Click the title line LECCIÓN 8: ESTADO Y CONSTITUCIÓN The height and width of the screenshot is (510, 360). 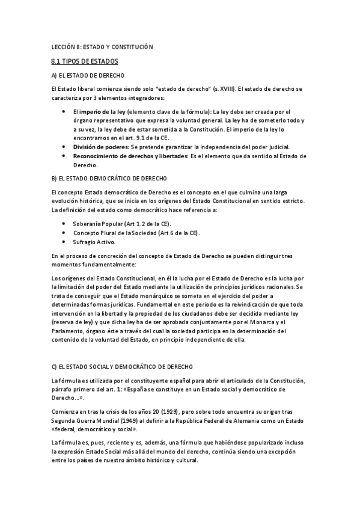tap(103, 46)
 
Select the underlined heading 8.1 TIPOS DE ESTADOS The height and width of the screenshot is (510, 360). tap(85, 61)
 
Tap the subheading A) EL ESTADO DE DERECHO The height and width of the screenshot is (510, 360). tap(88, 75)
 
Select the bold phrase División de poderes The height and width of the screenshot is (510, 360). tap(100, 147)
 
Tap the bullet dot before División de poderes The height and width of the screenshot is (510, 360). tap(65, 147)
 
